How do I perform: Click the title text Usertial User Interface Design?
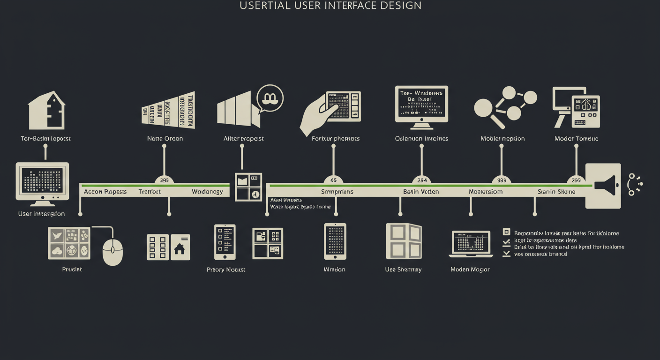tap(330, 6)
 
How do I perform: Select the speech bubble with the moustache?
tap(270, 98)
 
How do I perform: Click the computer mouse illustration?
tap(112, 251)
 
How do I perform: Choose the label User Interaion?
tap(41, 214)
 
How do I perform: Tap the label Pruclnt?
tap(72, 270)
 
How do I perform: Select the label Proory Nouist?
tap(226, 270)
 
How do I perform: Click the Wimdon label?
tap(334, 270)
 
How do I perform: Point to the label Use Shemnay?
tap(403, 270)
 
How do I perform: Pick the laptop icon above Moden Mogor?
tap(471, 244)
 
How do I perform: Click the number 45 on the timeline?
tap(333, 180)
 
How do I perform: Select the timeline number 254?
tap(421, 180)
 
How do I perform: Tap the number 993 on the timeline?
tap(501, 180)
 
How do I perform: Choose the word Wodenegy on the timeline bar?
tap(207, 192)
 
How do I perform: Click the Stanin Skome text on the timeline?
tap(556, 192)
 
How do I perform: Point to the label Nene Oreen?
tap(165, 139)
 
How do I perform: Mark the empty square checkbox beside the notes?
tap(506, 232)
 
